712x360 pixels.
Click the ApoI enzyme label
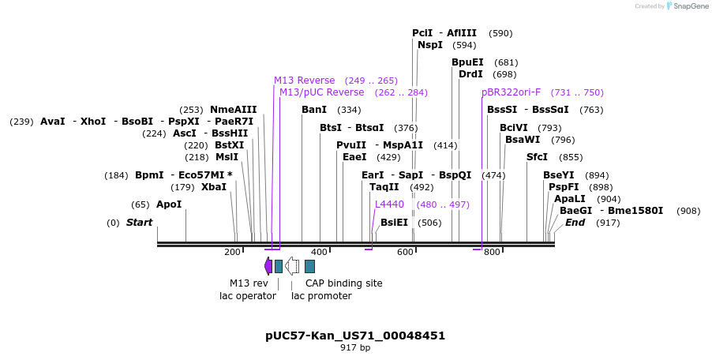click(x=169, y=204)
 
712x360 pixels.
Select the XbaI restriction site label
click(x=214, y=187)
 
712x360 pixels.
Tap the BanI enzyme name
click(x=314, y=110)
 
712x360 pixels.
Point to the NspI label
click(x=430, y=45)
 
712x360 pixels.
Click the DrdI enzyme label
click(x=471, y=74)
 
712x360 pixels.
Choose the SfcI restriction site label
click(x=538, y=157)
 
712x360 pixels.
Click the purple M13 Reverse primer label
click(x=304, y=81)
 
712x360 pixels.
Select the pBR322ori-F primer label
click(x=512, y=92)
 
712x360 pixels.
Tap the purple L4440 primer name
click(x=389, y=204)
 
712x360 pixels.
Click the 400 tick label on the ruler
click(x=319, y=252)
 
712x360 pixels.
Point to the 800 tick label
click(x=492, y=252)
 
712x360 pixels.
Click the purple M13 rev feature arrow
click(x=268, y=266)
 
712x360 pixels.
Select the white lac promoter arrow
click(x=292, y=266)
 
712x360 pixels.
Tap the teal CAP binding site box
click(x=309, y=267)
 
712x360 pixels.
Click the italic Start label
click(x=140, y=223)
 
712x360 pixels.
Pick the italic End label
click(x=575, y=223)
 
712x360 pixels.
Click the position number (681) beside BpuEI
click(x=506, y=62)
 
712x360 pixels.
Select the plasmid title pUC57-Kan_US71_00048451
click(x=355, y=336)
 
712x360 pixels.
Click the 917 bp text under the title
click(x=355, y=347)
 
